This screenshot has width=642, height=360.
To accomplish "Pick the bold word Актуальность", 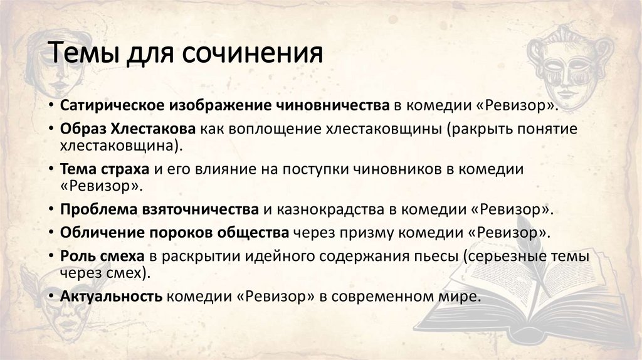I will pyautogui.click(x=112, y=296).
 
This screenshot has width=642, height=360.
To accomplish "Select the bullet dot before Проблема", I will pyautogui.click(x=50, y=210).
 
